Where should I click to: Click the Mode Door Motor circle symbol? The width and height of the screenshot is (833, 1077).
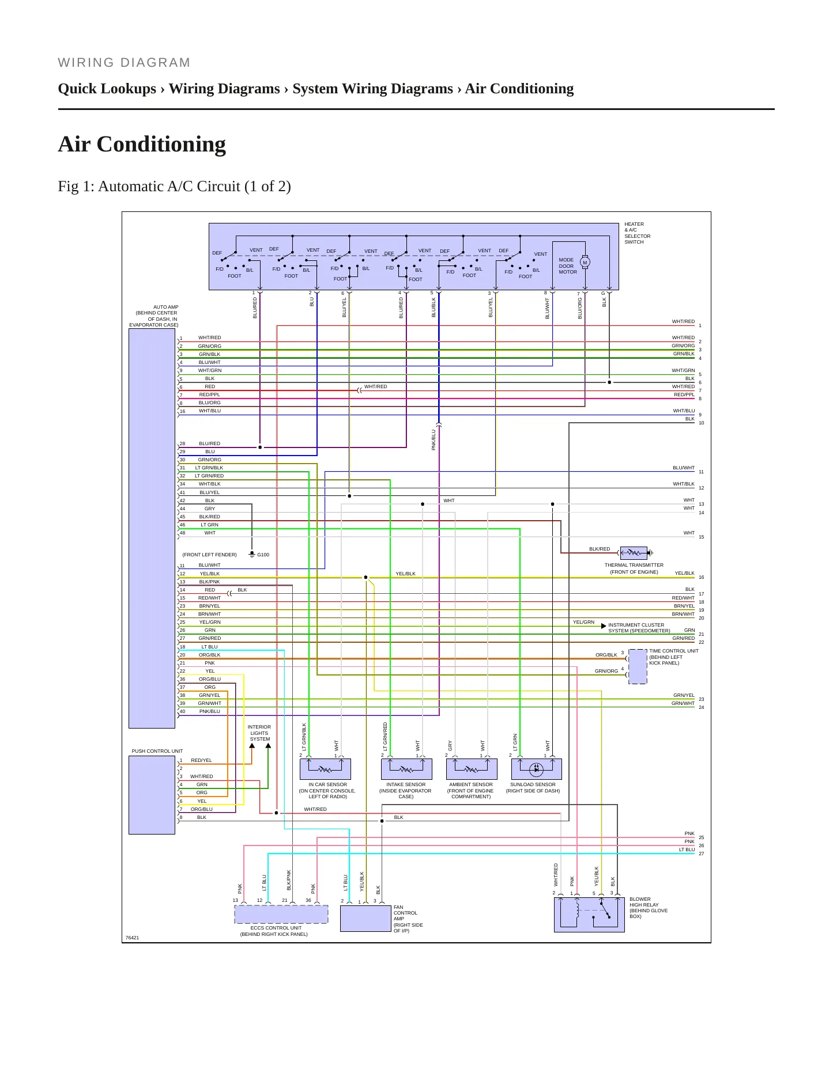(x=585, y=263)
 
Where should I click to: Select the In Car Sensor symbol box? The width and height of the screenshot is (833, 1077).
(x=325, y=769)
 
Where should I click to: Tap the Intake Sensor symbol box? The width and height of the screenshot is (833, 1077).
(x=406, y=769)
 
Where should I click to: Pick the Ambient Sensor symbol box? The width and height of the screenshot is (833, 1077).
(x=472, y=769)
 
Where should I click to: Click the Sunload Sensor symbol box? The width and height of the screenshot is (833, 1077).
(x=537, y=769)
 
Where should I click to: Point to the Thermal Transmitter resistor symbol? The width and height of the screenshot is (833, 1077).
(x=634, y=553)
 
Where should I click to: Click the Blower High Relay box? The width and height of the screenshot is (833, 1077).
(x=589, y=915)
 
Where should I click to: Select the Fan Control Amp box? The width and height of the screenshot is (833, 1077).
(x=365, y=919)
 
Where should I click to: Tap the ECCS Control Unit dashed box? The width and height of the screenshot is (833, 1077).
(x=281, y=915)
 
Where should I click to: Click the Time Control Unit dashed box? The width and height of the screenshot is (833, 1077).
(x=638, y=666)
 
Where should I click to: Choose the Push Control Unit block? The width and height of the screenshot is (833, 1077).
(x=152, y=795)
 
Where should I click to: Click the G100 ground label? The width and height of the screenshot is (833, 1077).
(x=263, y=555)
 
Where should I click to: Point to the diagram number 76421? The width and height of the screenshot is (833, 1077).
(x=132, y=938)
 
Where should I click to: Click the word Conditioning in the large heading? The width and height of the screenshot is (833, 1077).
(x=161, y=144)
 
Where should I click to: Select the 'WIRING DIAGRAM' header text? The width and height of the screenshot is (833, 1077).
(x=124, y=62)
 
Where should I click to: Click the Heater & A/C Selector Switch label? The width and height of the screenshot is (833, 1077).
(x=637, y=233)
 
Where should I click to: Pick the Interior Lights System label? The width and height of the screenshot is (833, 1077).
(x=259, y=733)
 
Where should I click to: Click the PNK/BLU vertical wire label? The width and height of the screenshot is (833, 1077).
(x=434, y=440)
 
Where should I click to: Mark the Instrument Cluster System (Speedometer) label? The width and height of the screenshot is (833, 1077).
(x=639, y=628)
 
